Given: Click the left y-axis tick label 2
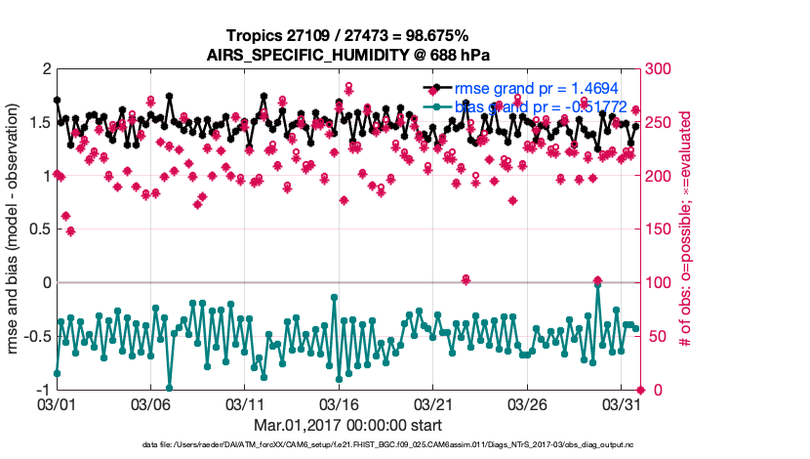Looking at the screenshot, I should pos(45,69).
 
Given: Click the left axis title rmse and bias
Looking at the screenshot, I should pos(17,229).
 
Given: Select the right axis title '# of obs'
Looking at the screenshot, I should pos(686,229).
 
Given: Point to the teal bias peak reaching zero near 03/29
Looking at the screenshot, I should pos(597,284).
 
